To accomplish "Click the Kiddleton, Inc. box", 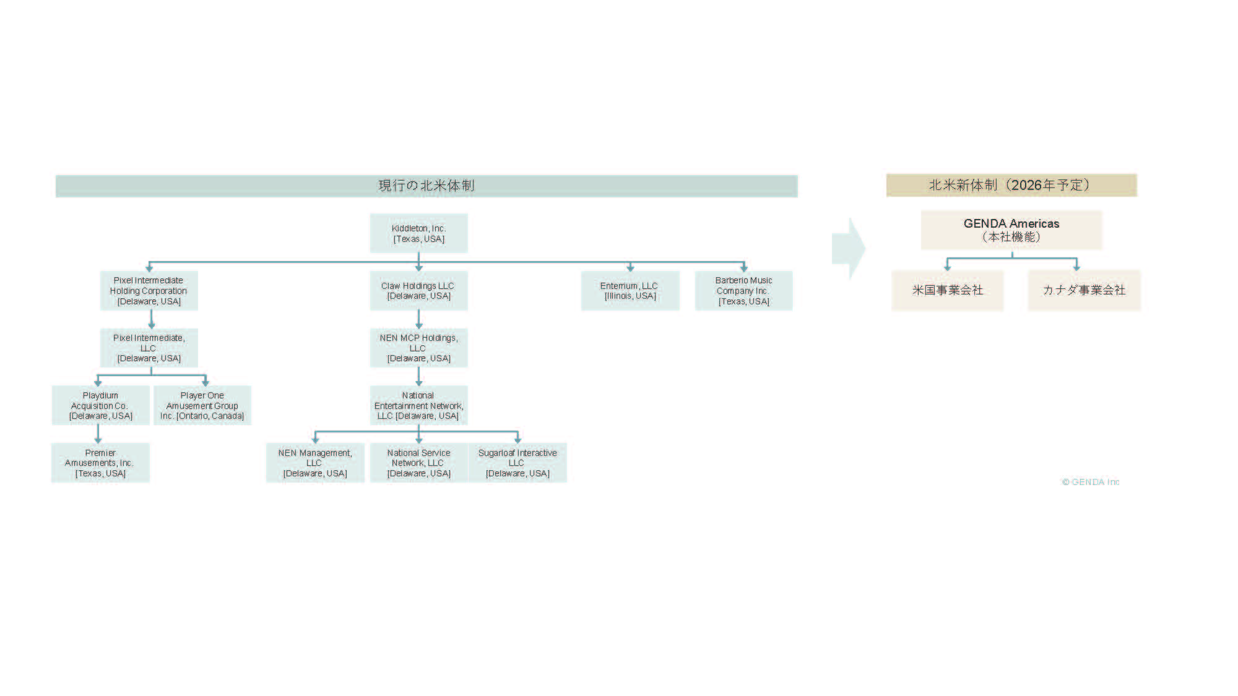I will tap(418, 233).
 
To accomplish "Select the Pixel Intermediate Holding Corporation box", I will tap(149, 291).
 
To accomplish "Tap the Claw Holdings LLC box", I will tap(418, 291).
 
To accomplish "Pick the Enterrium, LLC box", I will tap(630, 291).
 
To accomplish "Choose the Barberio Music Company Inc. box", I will tap(743, 291).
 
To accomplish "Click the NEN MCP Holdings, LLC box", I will tap(418, 348).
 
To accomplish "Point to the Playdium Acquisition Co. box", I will tap(100, 405).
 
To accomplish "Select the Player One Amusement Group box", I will tap(202, 405).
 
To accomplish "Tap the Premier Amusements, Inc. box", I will tap(100, 463).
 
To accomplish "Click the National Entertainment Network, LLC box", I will tap(418, 405).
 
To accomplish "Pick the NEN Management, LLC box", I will tap(315, 463).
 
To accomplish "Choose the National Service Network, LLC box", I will tap(418, 463).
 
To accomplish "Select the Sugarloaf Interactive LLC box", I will tap(517, 463).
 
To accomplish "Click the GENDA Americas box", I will tap(1011, 230).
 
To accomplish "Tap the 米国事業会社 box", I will tap(947, 290).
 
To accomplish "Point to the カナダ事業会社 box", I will tap(1084, 290).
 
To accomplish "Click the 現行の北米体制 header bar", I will tap(426, 186).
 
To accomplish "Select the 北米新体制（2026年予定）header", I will tap(1011, 185).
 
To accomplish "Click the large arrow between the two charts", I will tap(848, 248).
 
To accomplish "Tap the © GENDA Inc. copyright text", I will tap(1090, 482).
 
